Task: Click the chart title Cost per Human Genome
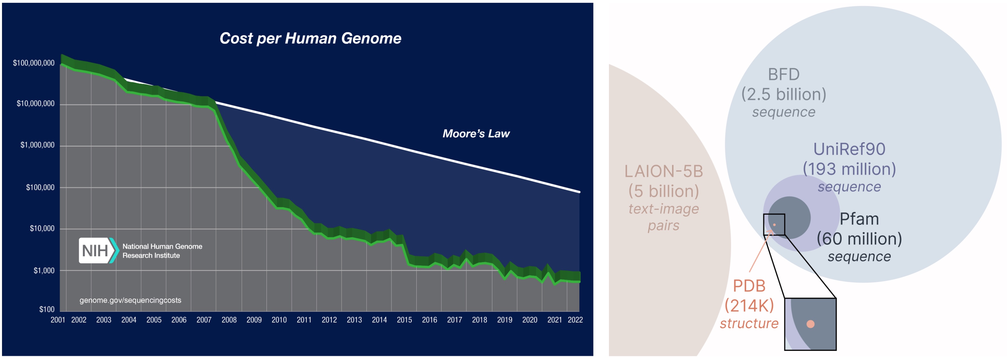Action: tap(310, 38)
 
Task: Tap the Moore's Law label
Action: tap(476, 134)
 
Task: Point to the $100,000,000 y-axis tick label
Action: tap(34, 63)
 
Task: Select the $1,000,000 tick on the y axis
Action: tap(38, 145)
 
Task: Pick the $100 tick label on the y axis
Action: tap(47, 309)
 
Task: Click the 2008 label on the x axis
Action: tap(229, 320)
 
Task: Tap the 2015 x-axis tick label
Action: tap(404, 320)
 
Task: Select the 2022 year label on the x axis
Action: tap(575, 320)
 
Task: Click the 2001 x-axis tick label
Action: tap(58, 320)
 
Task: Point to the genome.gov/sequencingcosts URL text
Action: tap(130, 300)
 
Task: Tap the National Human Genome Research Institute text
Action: tap(162, 251)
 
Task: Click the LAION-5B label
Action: tap(663, 171)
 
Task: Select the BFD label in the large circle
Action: tap(783, 74)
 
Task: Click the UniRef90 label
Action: tap(849, 149)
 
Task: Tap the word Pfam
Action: tap(859, 219)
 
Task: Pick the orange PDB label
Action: tap(749, 286)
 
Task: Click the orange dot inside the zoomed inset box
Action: tap(810, 324)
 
